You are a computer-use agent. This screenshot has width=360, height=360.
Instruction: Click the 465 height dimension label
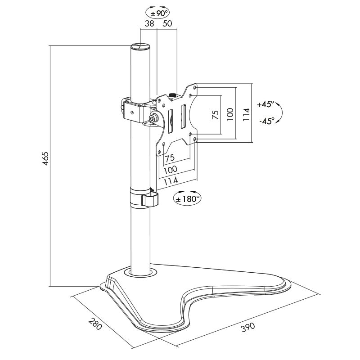coord(45,159)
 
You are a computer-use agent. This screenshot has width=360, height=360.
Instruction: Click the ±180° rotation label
coord(187,198)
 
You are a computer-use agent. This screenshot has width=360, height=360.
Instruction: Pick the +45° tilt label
coord(265,104)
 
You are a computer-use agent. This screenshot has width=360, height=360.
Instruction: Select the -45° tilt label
coord(266,121)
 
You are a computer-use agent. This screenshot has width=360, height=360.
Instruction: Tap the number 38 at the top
coord(149,23)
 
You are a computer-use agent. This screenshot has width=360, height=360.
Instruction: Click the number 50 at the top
coord(167,23)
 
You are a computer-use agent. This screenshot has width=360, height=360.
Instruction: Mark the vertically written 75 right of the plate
coord(215,115)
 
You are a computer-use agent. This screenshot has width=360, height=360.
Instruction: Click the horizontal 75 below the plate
coord(170,159)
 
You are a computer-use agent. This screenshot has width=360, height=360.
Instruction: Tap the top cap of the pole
coord(140,47)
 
